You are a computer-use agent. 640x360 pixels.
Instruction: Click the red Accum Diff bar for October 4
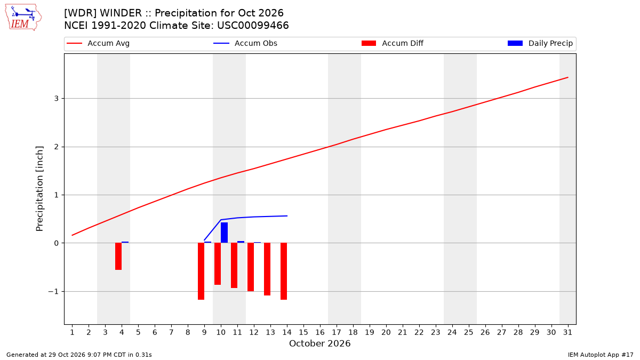tap(118, 257)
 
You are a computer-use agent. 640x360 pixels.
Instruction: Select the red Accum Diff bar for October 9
tap(201, 271)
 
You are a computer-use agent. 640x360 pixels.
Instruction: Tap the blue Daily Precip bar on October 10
tap(225, 233)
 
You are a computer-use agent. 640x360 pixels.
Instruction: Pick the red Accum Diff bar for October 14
tap(284, 271)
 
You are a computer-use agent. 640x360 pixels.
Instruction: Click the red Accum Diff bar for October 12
tap(251, 267)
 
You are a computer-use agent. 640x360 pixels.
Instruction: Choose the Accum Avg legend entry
tap(98, 43)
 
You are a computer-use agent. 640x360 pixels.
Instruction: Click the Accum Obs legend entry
tap(245, 43)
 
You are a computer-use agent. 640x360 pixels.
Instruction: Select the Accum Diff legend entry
tap(393, 43)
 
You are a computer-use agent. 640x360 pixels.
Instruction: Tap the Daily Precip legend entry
tap(540, 43)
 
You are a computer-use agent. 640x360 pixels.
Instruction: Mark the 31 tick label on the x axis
tap(567, 332)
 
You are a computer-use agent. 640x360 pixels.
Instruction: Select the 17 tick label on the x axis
tap(337, 332)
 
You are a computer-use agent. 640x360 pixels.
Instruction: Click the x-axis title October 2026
tap(319, 343)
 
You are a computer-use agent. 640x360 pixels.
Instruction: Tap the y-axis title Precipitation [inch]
tap(39, 189)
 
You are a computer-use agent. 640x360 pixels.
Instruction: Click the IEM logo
tap(23, 17)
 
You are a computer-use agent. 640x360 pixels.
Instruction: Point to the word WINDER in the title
tap(121, 13)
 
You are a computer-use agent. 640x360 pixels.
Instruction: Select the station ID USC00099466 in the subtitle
tap(253, 26)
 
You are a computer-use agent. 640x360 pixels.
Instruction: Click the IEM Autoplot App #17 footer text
tap(601, 355)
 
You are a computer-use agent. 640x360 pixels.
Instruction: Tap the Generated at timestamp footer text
tap(79, 355)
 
